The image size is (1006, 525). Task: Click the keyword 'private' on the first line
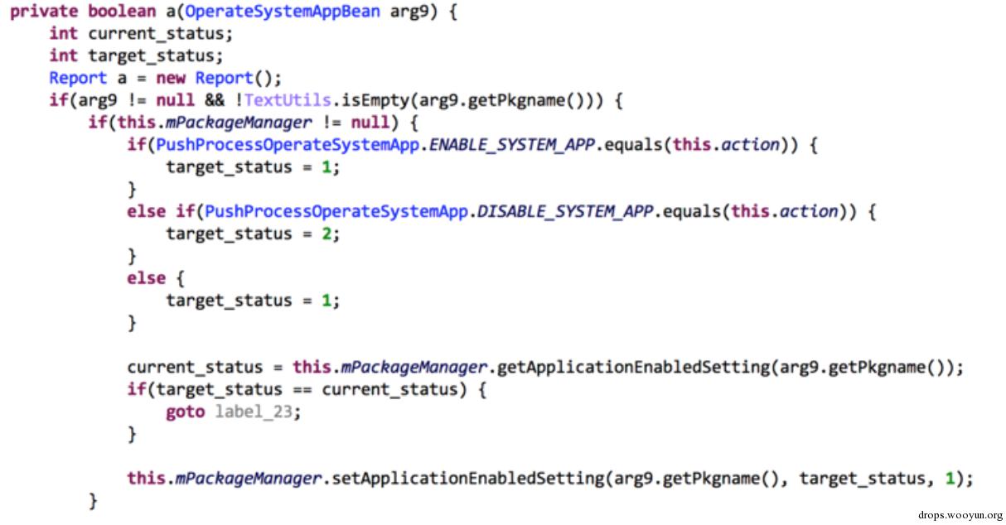click(x=44, y=12)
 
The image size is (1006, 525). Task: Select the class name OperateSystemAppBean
click(x=283, y=12)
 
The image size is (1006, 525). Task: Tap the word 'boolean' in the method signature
click(x=122, y=11)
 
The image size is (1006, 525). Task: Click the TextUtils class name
click(x=288, y=99)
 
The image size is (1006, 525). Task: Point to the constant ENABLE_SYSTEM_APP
click(x=511, y=145)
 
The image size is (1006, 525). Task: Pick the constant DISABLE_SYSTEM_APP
click(x=565, y=211)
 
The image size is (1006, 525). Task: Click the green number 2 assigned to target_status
click(x=326, y=234)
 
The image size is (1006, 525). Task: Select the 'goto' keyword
click(x=186, y=412)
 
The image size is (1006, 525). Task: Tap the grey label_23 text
click(x=254, y=412)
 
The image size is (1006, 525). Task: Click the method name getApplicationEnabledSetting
click(x=634, y=368)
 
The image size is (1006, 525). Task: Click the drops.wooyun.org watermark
click(x=960, y=515)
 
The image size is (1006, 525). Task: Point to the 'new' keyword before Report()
click(x=171, y=78)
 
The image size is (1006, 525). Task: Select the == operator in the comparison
click(x=302, y=389)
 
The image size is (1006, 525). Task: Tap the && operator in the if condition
click(x=215, y=99)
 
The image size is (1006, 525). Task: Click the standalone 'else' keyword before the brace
click(x=147, y=278)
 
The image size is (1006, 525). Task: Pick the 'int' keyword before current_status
click(x=63, y=33)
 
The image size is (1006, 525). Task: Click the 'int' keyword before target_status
click(x=63, y=55)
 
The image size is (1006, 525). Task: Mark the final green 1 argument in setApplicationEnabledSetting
click(x=950, y=479)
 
